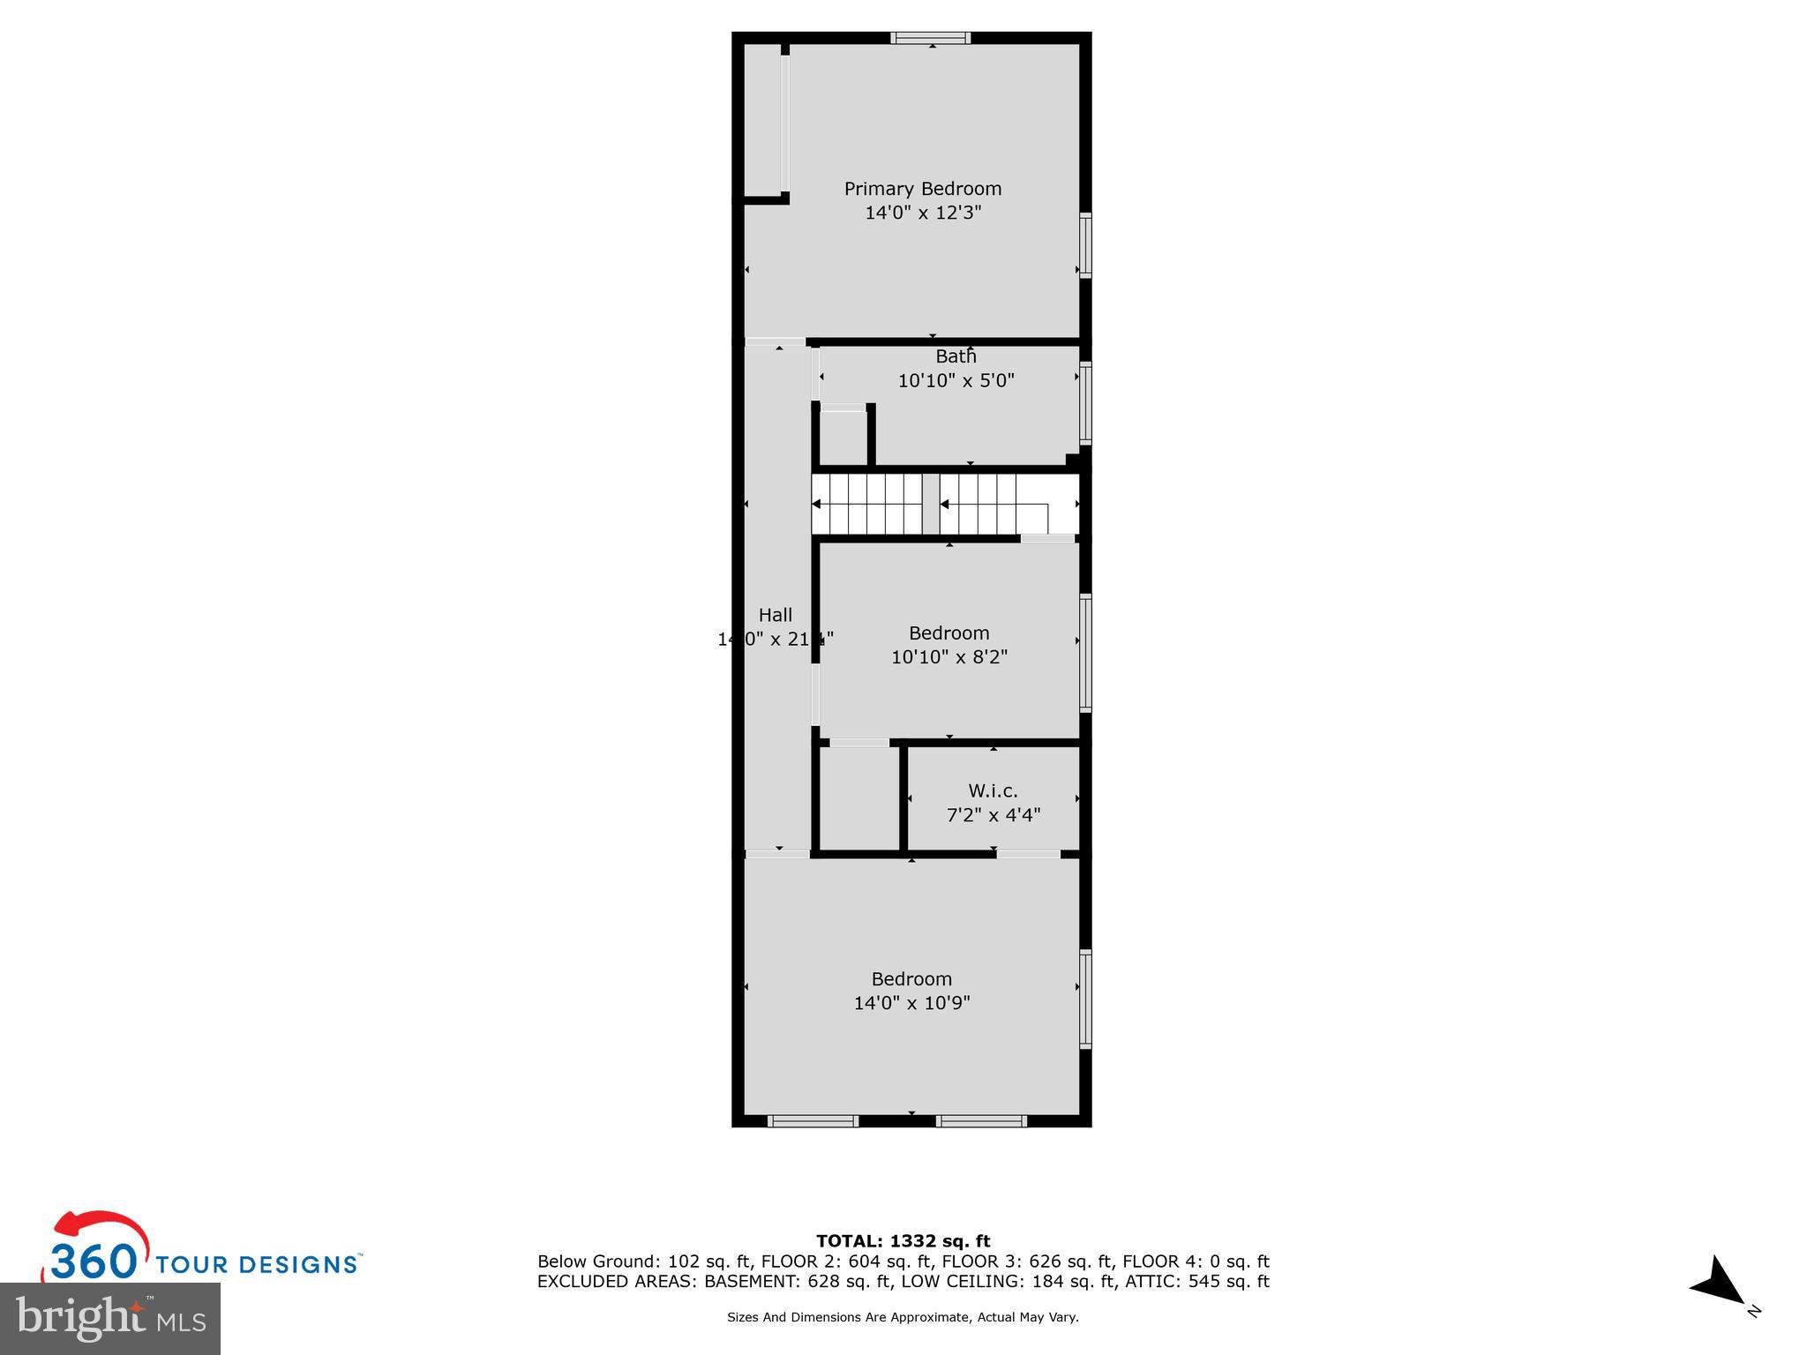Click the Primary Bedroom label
coord(922,189)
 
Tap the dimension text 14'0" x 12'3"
coord(922,213)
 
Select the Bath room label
coord(956,356)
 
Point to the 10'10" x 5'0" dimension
coord(956,381)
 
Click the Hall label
coord(775,615)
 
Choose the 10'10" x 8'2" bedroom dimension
coord(948,657)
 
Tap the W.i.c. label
coord(993,791)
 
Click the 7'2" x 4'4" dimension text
coord(993,815)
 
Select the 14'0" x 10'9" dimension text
coord(911,1003)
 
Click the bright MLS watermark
coord(110,1317)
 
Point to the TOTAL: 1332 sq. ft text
coord(903,1241)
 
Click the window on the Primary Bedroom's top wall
coord(930,38)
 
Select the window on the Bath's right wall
coord(1086,402)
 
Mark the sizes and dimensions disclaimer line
coord(903,1317)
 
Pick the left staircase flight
coord(866,504)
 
